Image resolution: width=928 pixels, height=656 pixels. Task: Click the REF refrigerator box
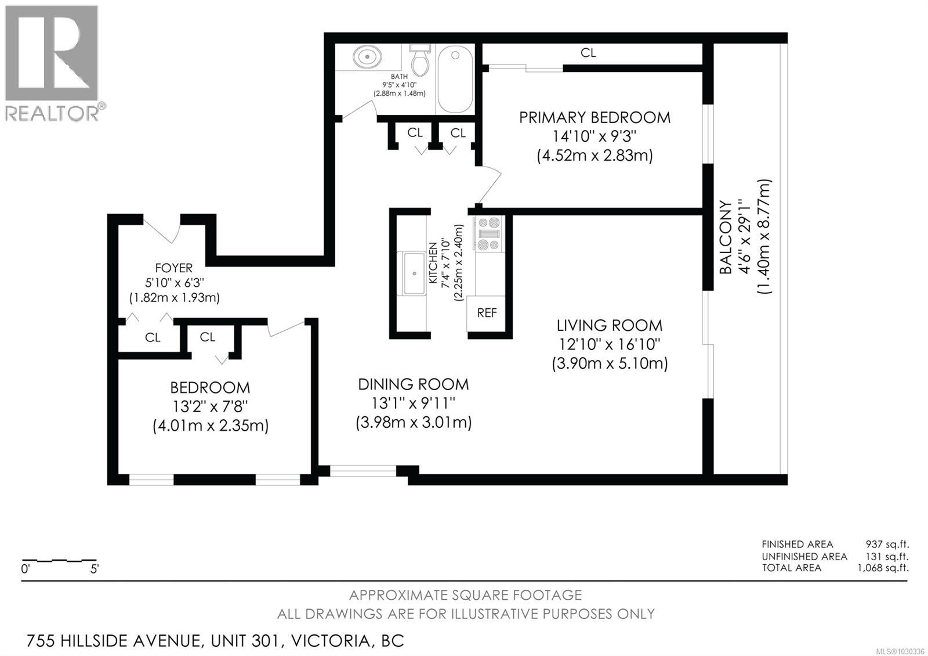487,313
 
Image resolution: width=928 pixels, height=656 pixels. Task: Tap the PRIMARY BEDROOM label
594,117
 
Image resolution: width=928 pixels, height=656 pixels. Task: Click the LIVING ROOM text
610,325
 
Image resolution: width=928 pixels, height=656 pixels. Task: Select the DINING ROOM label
413,384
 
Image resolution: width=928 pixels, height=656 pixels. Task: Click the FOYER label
173,268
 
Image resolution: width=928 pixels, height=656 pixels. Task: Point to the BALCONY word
726,237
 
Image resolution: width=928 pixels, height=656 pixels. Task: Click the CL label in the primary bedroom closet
588,53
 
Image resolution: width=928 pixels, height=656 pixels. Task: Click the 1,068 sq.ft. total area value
883,568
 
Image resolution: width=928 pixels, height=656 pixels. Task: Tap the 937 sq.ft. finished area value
887,544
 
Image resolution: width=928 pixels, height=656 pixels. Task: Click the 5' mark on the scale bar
95,569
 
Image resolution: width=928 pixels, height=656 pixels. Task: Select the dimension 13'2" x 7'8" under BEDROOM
211,406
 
